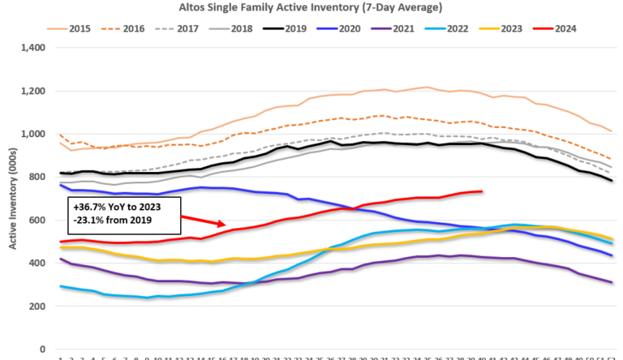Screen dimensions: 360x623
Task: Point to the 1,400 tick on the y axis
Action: click(x=36, y=48)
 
